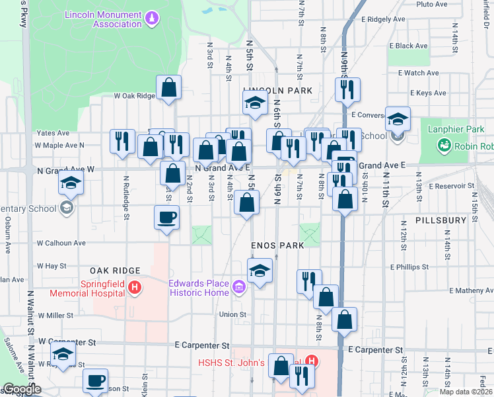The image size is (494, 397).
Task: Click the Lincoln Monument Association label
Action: click(103, 19)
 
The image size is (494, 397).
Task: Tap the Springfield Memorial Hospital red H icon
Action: click(135, 287)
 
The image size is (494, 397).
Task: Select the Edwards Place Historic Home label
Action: click(199, 287)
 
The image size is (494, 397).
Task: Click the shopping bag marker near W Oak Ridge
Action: click(169, 88)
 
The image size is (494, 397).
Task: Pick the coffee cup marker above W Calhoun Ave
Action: click(166, 218)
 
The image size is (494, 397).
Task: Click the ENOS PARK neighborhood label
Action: click(277, 245)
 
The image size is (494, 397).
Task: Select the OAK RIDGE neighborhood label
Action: click(115, 271)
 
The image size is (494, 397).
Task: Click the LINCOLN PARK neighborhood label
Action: click(277, 90)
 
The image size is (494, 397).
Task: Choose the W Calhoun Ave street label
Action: click(61, 243)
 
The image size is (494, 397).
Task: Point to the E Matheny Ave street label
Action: click(471, 290)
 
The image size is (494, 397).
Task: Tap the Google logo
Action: click(22, 389)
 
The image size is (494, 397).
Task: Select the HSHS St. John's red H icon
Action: click(312, 362)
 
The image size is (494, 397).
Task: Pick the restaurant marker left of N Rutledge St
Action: click(122, 142)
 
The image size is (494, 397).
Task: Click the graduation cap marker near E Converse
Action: click(398, 120)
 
